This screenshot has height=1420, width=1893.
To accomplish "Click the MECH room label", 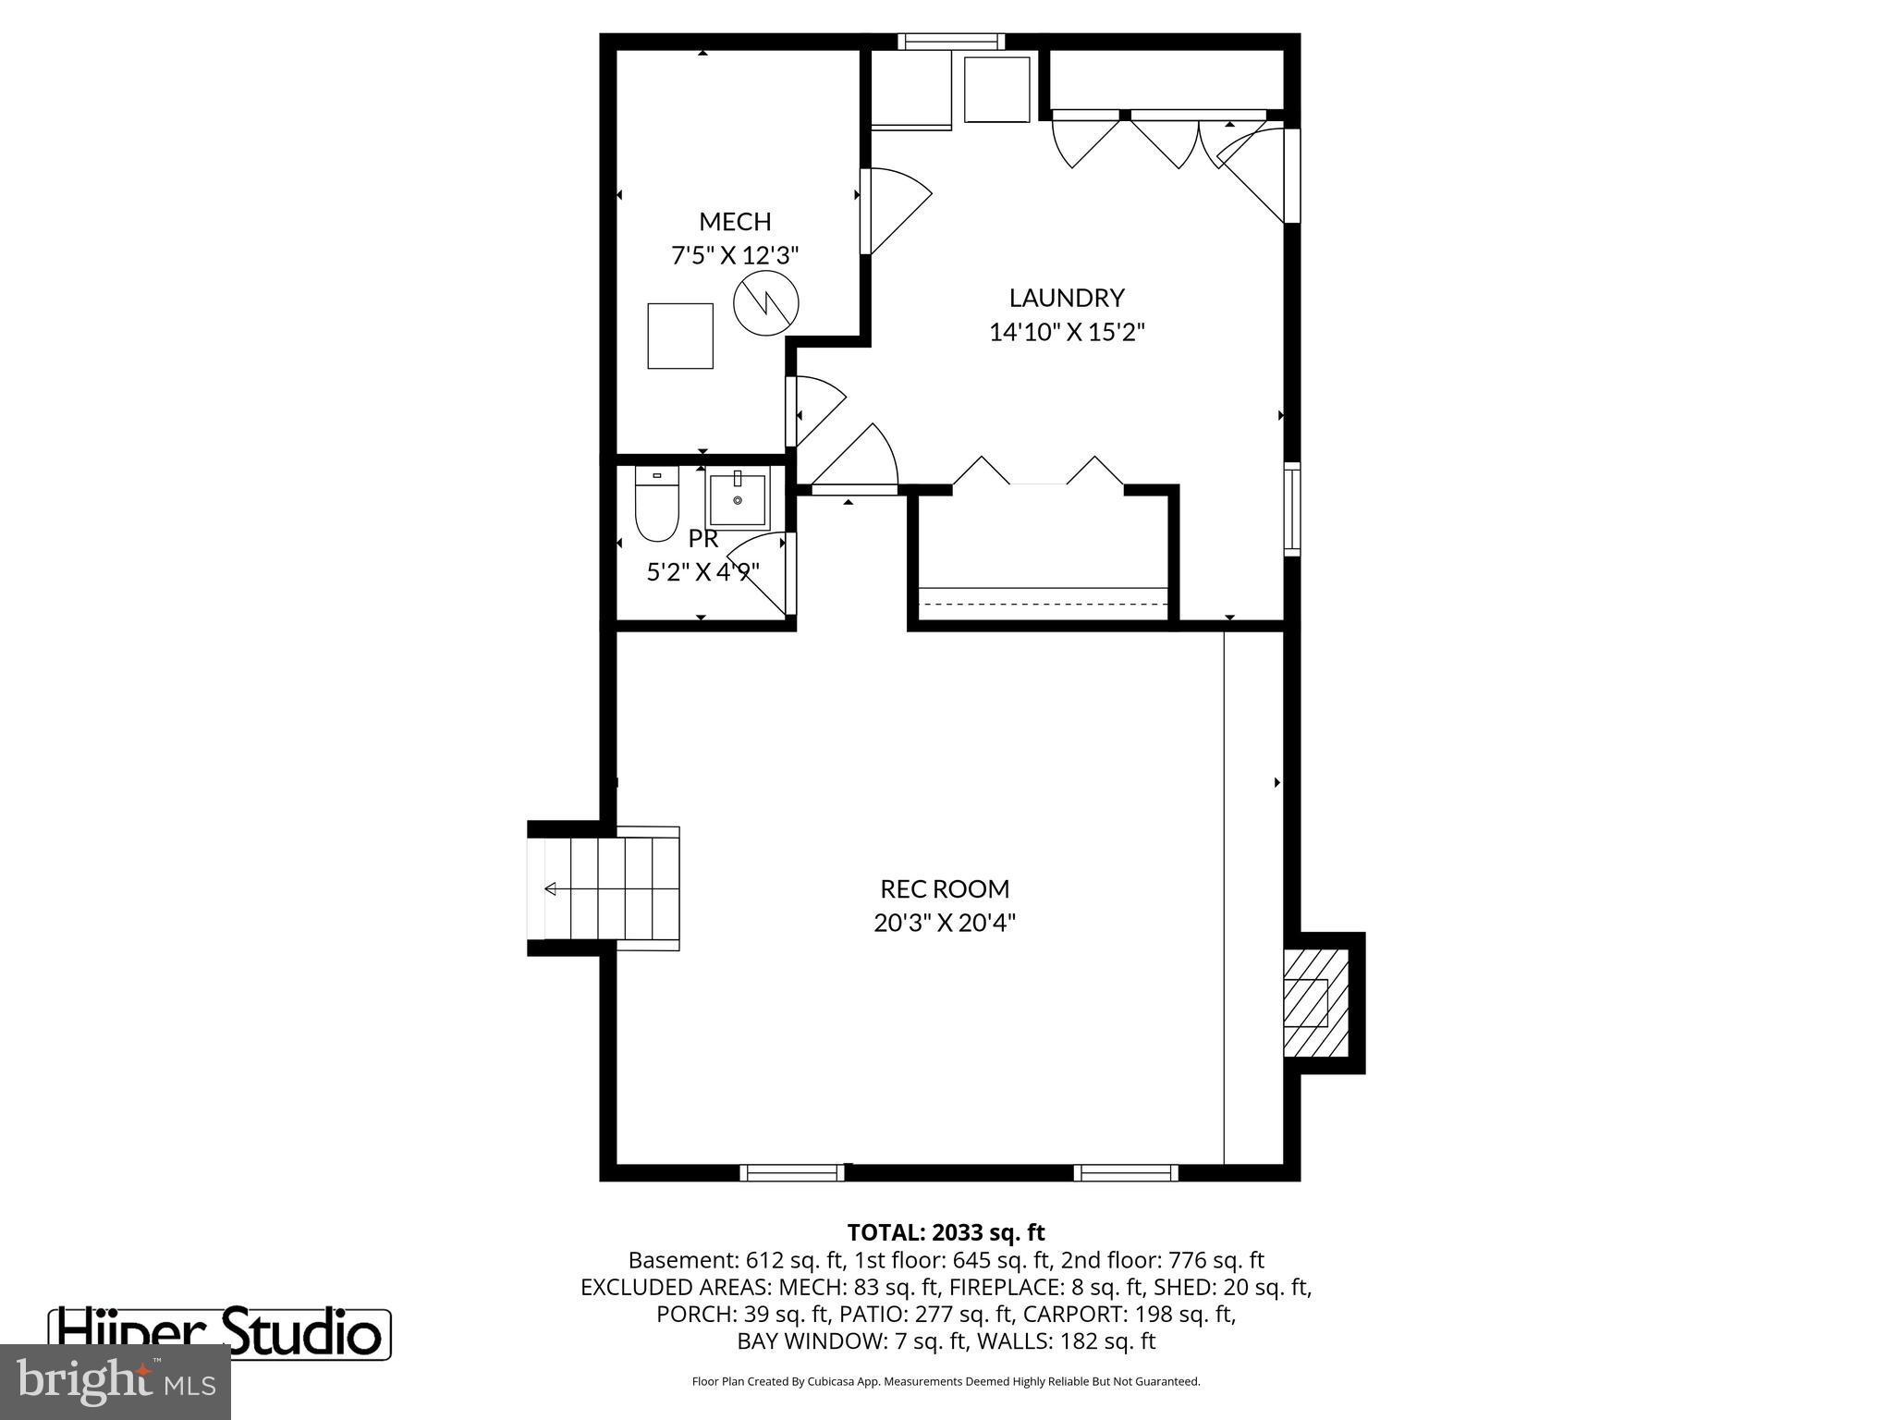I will point(735,222).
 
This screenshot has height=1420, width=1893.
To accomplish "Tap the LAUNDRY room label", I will point(1067,298).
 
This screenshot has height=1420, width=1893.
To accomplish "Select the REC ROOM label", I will point(945,888).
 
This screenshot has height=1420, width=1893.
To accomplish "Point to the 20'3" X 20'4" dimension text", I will point(945,923).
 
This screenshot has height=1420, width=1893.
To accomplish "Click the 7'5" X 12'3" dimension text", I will point(735,255).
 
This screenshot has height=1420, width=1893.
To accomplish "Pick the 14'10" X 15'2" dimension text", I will point(1067,332).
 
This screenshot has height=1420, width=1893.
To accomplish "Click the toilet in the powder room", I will point(656,504).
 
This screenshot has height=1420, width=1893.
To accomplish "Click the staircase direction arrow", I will point(551,888).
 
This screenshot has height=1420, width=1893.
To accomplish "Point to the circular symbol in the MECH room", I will point(765,302).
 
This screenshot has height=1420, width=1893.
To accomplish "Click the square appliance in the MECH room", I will point(680,336).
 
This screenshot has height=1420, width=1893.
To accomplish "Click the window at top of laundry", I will point(950,41).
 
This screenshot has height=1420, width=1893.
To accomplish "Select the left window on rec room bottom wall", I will point(792,1172).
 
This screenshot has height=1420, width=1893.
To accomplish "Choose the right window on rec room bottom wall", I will point(1126,1172).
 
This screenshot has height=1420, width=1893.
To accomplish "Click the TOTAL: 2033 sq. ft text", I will point(946,1232).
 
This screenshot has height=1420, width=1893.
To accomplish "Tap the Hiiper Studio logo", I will point(220,1333).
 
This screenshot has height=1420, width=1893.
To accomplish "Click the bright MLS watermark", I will point(116,1382).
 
